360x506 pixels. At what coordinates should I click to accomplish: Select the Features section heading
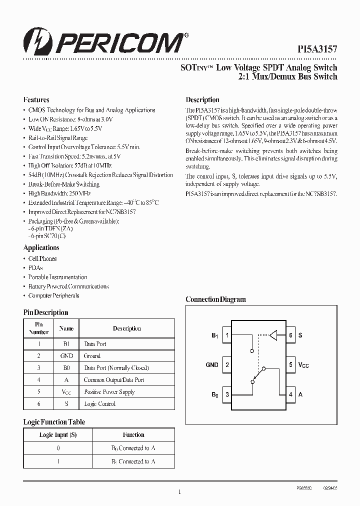(36, 99)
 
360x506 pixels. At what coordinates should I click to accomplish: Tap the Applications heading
(41, 247)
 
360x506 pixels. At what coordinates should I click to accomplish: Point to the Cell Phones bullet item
(42, 258)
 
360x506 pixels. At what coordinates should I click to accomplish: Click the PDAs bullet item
(35, 267)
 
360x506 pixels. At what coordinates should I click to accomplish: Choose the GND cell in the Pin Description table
(66, 356)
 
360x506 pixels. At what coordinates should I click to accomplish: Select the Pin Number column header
(39, 328)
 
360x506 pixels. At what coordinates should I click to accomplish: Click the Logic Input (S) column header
(58, 435)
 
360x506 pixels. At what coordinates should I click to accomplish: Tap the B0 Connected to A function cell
(133, 448)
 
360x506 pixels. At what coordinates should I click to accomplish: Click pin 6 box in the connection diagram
(290, 335)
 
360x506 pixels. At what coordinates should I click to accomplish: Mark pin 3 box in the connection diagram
(227, 394)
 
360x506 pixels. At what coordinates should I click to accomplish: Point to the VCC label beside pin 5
(303, 365)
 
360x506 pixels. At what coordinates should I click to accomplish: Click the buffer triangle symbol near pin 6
(273, 335)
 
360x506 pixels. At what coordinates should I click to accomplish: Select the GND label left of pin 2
(212, 365)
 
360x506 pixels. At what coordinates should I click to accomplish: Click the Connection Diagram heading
(215, 299)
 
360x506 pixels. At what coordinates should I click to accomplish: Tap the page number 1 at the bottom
(179, 492)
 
